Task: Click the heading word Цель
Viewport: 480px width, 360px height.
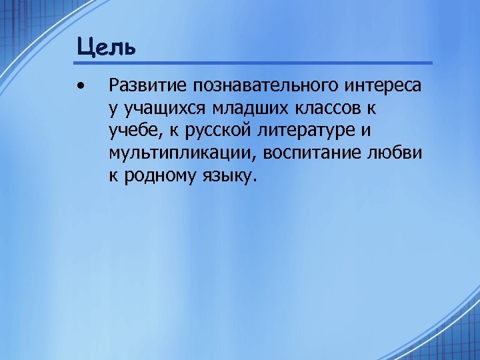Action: [106, 47]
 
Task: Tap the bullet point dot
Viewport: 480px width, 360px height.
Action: [81, 85]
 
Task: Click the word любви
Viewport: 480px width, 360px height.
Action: [400, 153]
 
